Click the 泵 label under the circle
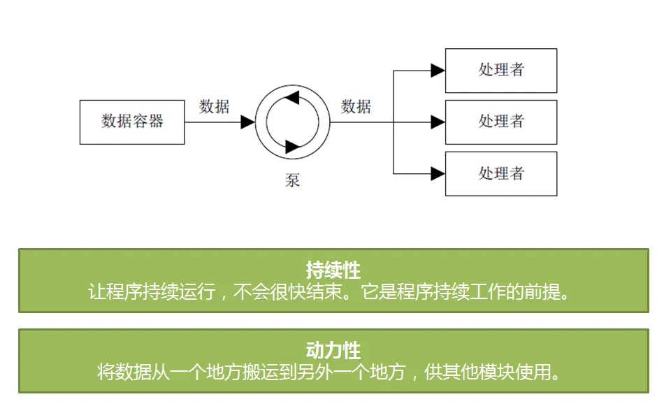(x=292, y=180)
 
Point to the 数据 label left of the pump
(x=215, y=106)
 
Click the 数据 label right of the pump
(x=356, y=106)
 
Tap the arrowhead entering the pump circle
(x=247, y=122)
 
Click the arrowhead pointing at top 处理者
(x=438, y=71)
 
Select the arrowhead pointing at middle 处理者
(x=438, y=122)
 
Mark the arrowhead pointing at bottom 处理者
(x=438, y=174)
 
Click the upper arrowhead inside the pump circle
(x=292, y=97)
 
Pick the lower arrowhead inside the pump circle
(x=293, y=147)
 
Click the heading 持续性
(x=333, y=270)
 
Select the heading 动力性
(x=333, y=350)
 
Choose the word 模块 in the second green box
(x=496, y=372)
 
